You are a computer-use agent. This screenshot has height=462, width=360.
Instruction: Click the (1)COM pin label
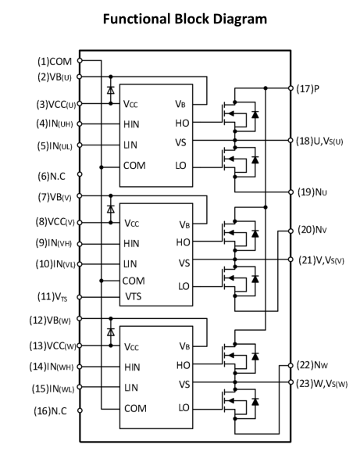55,61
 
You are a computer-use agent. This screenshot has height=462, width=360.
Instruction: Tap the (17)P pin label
308,88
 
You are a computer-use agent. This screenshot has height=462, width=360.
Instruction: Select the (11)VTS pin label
52,296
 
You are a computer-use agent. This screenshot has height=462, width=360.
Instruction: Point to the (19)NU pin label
312,192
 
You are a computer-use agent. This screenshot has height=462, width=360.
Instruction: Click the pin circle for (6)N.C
80,174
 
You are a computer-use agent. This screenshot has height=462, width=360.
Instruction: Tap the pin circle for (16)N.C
80,410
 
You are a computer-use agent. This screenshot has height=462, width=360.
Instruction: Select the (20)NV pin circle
290,231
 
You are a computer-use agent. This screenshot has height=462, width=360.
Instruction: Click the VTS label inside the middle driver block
134,296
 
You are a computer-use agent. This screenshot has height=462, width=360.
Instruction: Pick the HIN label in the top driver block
131,124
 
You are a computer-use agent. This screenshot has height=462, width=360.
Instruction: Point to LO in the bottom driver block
184,408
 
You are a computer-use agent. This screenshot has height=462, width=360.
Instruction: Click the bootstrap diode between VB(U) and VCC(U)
111,90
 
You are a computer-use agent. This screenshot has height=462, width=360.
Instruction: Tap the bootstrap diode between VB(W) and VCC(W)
111,332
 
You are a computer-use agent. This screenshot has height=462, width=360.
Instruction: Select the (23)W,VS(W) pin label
322,384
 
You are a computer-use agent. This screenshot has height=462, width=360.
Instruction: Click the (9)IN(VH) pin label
54,243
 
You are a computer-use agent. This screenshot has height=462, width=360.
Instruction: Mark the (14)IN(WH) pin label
52,367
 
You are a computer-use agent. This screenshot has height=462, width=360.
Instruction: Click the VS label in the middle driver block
184,263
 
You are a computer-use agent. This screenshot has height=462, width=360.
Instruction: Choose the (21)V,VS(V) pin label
321,260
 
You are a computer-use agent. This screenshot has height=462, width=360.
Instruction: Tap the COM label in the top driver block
134,166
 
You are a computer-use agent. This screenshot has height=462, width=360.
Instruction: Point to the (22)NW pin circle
290,366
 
